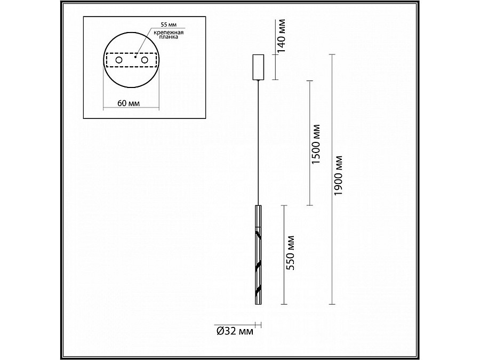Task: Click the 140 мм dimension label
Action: (281, 36)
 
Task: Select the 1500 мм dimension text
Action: (316, 144)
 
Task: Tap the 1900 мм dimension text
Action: (338, 175)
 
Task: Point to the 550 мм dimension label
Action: (290, 253)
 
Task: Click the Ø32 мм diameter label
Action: (235, 331)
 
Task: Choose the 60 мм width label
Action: (128, 103)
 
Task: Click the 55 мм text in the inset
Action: (169, 25)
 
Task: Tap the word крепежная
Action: (169, 32)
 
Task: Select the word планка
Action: (169, 37)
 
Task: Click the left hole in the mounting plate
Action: (119, 60)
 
